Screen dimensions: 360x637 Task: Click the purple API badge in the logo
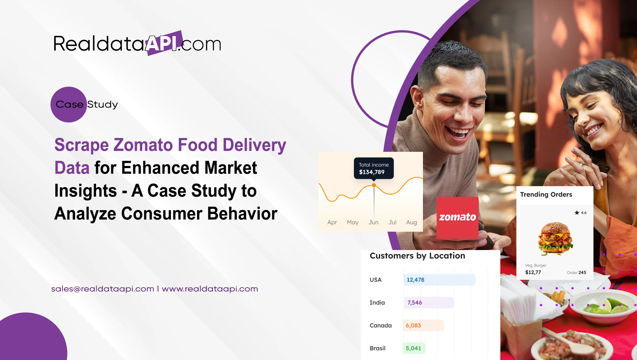coord(164,43)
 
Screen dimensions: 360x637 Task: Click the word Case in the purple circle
coord(69,105)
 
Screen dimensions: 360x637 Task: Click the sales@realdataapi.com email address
coord(103,289)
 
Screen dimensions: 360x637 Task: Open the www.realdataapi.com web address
coord(210,289)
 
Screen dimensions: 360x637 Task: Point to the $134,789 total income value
coord(372,172)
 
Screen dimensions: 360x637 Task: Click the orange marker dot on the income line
coord(374,185)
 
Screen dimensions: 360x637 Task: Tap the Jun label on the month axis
coord(373,222)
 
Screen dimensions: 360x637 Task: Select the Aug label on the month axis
coord(411,222)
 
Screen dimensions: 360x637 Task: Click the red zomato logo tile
coord(457,217)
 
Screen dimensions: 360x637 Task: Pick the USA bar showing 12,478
coord(439,280)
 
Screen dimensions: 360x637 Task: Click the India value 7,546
coord(415,303)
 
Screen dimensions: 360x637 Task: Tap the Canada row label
coord(381,326)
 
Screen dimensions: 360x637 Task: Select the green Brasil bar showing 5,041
coord(414,348)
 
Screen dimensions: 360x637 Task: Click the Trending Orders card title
coord(546,194)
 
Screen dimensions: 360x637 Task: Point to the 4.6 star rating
coord(581,213)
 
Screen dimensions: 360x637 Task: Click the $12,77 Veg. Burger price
coord(533,272)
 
